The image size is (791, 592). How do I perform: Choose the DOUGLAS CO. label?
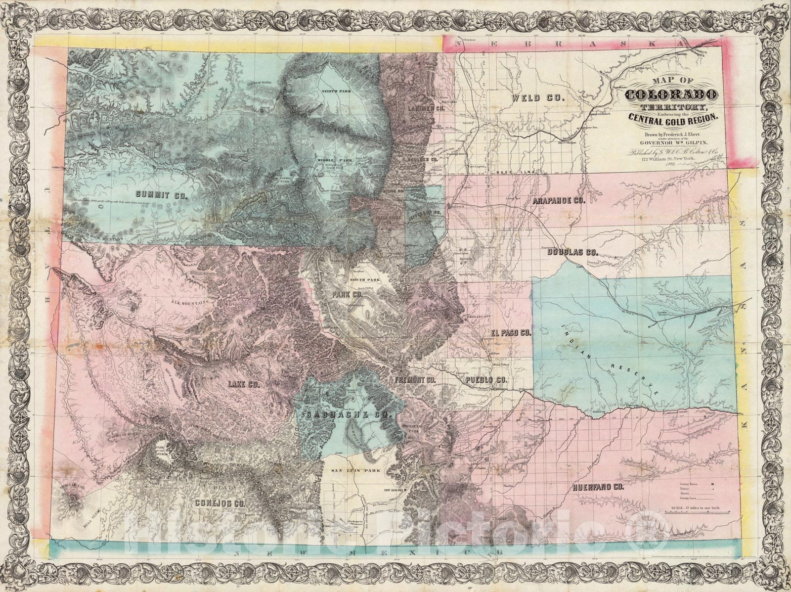click(572, 252)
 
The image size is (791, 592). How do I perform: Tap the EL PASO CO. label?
click(511, 333)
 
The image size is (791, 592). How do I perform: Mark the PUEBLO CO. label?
click(486, 380)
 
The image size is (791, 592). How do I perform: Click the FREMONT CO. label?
click(414, 380)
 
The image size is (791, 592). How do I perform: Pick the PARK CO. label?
click(348, 294)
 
